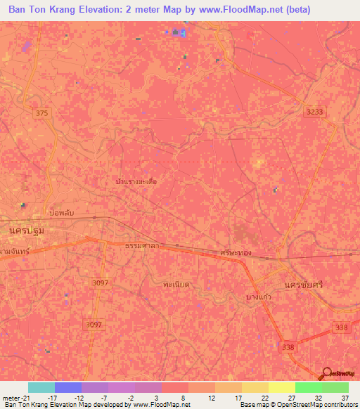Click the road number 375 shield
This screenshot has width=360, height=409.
[41, 112]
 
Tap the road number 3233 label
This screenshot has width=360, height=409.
[315, 112]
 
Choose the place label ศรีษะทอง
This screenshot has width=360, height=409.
[236, 252]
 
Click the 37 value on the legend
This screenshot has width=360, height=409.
[344, 397]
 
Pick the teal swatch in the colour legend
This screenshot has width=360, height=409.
[41, 387]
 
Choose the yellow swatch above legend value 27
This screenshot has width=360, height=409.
[281, 387]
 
